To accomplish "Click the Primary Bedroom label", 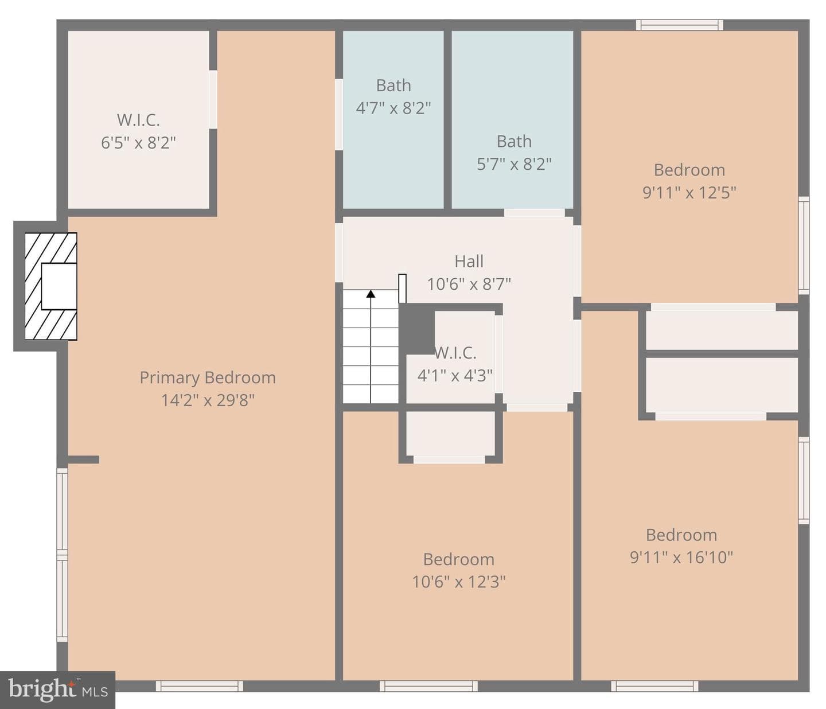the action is pyautogui.click(x=208, y=377).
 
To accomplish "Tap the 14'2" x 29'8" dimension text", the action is pyautogui.click(x=208, y=400).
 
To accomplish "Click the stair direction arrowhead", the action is pyautogui.click(x=371, y=294).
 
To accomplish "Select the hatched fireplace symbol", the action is pyautogui.click(x=51, y=286).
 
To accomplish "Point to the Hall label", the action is pyautogui.click(x=469, y=262).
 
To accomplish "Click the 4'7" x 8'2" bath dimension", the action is pyautogui.click(x=393, y=108).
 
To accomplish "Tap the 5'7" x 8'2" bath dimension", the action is pyautogui.click(x=514, y=164).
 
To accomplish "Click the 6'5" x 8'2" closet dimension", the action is pyautogui.click(x=138, y=142).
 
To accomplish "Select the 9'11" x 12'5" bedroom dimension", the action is pyautogui.click(x=689, y=193).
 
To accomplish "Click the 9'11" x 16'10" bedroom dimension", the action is pyautogui.click(x=681, y=558).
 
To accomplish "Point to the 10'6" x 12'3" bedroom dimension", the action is pyautogui.click(x=459, y=582).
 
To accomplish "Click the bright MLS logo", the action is pyautogui.click(x=57, y=690).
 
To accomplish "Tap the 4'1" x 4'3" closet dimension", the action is pyautogui.click(x=455, y=375).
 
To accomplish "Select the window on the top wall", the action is pyautogui.click(x=679, y=25).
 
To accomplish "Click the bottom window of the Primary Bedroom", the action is pyautogui.click(x=200, y=686).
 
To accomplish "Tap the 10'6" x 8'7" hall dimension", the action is pyautogui.click(x=469, y=284).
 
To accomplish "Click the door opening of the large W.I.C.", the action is pyautogui.click(x=213, y=99).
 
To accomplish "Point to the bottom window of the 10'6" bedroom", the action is pyautogui.click(x=429, y=686).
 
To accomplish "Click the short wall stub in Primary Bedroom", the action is pyautogui.click(x=83, y=459).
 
